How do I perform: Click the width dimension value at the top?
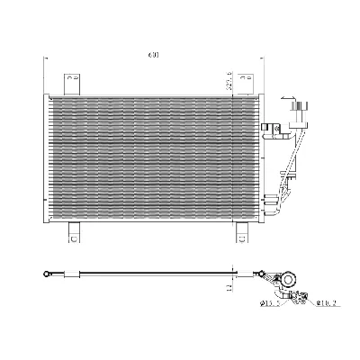point(155,57)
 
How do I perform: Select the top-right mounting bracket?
point(241,82)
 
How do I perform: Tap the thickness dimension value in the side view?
point(231,287)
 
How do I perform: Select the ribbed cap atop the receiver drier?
point(292,109)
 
